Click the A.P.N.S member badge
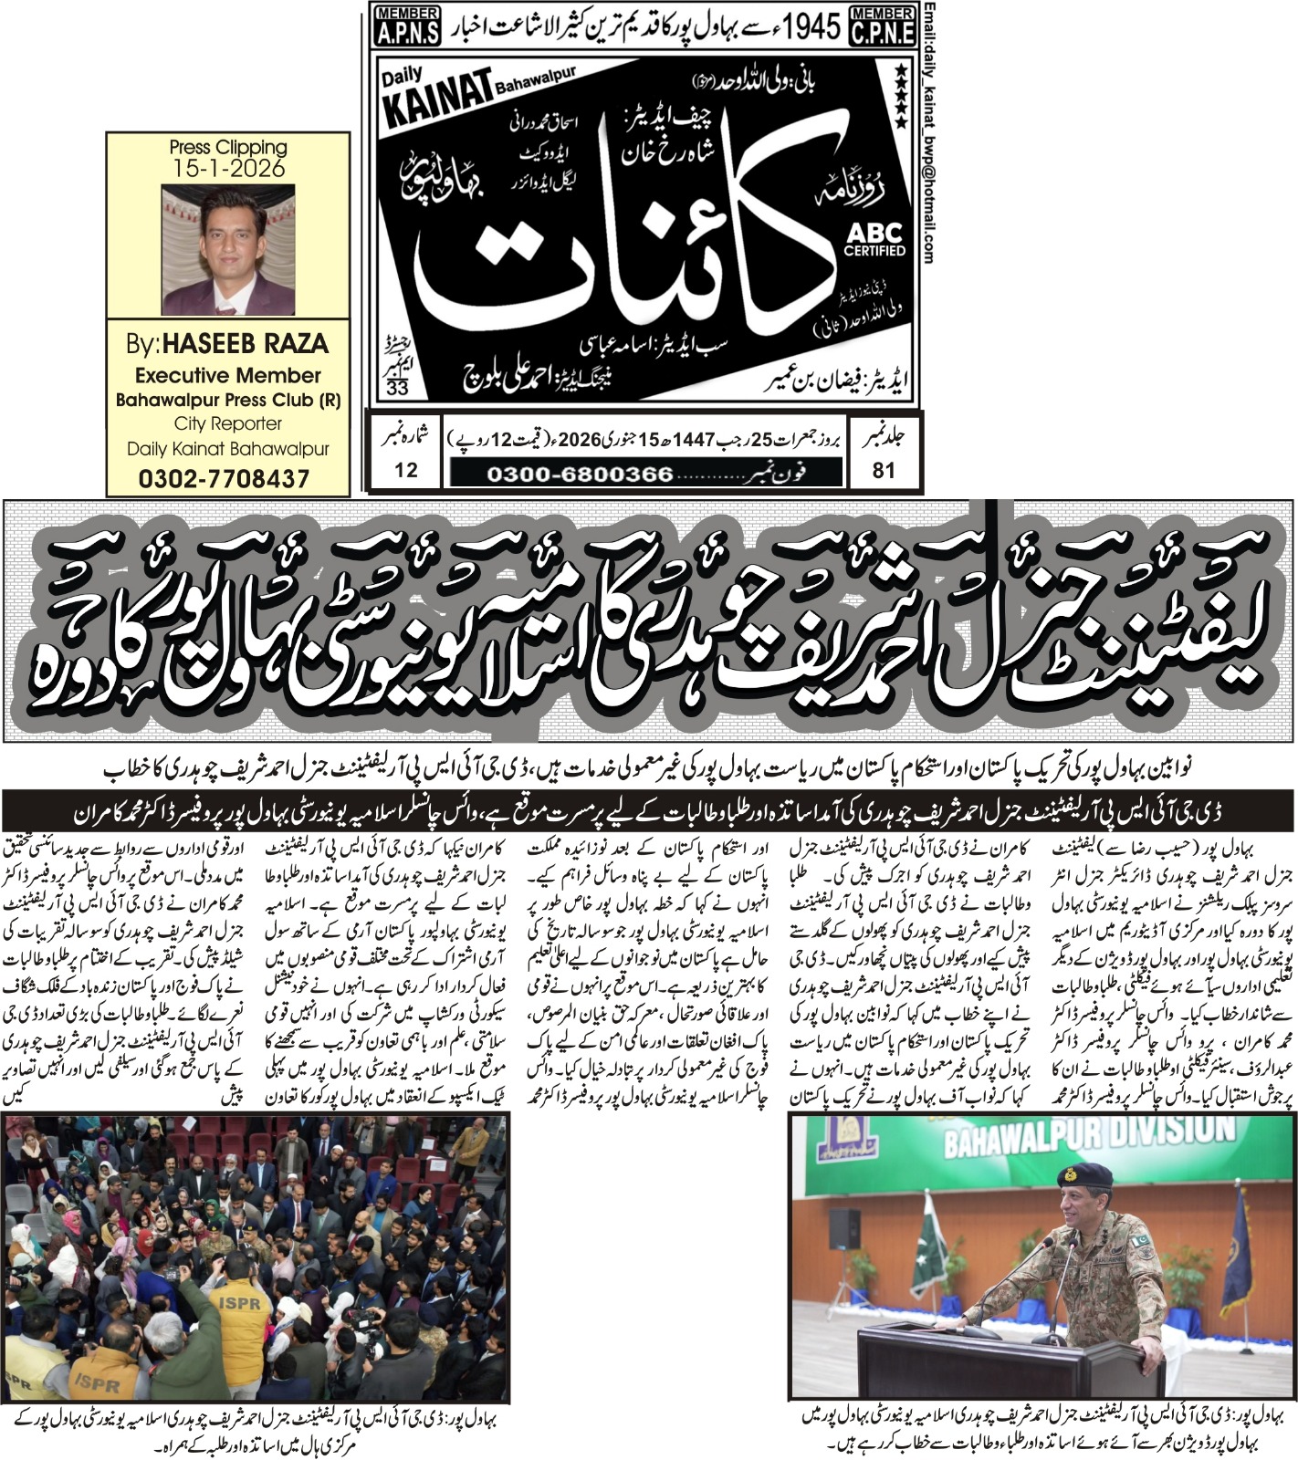(406, 26)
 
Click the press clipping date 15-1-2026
(228, 169)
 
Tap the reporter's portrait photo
(228, 250)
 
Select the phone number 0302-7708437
(225, 478)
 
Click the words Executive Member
(228, 375)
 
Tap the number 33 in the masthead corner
(398, 388)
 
